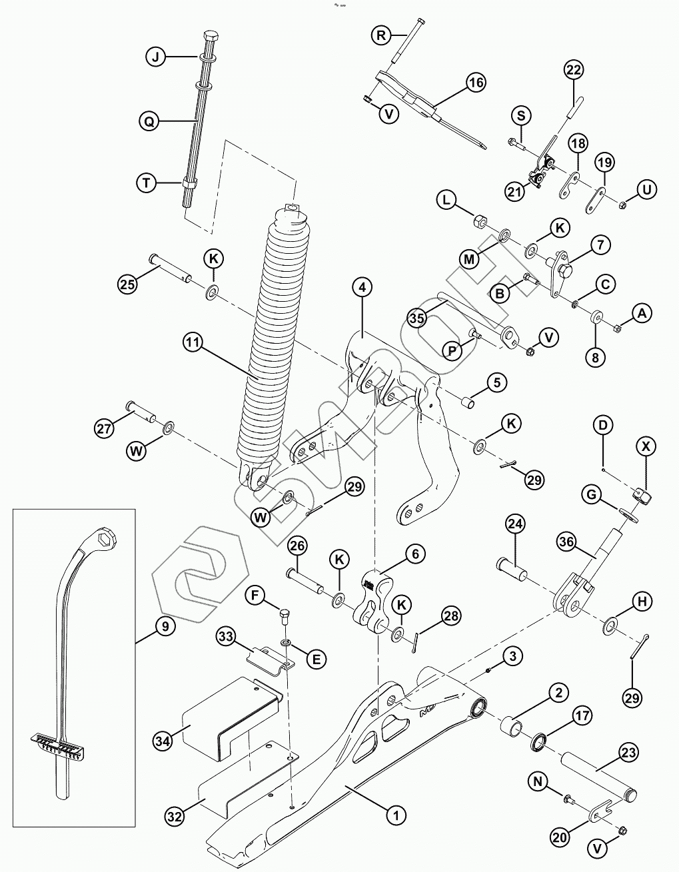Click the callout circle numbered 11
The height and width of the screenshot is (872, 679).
193,343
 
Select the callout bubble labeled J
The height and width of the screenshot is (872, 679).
155,57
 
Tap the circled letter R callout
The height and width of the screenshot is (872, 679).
381,35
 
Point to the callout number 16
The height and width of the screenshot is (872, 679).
475,83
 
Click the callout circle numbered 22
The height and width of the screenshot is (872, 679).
574,70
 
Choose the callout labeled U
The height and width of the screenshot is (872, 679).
646,189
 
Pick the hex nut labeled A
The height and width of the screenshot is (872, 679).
617,326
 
